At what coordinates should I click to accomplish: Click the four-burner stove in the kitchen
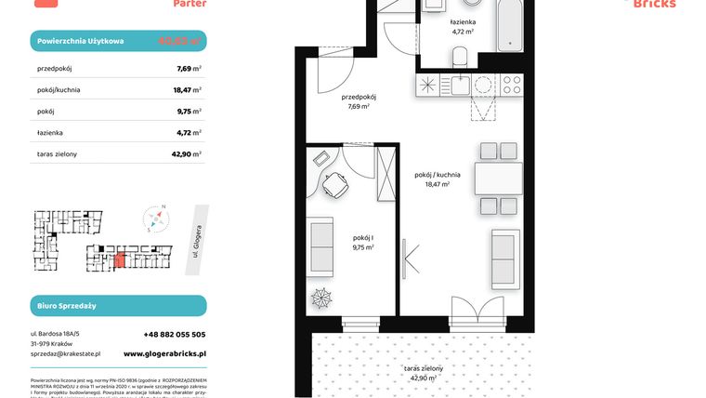point(512,86)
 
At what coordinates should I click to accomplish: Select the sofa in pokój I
point(321,245)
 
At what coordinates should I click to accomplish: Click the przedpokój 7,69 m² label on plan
point(358,101)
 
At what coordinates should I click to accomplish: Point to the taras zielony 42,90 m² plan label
point(423,373)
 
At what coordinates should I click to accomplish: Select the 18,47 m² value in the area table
point(190,89)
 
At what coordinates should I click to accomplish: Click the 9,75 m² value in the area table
point(190,111)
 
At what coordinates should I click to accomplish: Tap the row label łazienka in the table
point(51,132)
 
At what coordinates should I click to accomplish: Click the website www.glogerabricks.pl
point(164,353)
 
